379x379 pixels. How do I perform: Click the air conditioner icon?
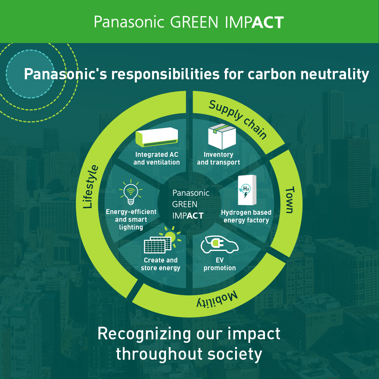(157, 137)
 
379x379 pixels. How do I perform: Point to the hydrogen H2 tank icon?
(247, 190)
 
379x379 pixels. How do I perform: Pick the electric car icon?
(219, 245)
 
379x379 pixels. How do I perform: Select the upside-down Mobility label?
(217, 299)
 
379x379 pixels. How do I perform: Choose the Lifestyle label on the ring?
(91, 186)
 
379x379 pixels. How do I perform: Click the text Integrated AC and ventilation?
(157, 158)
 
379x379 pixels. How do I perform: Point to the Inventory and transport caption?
(219, 158)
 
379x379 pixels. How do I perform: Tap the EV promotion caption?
(219, 264)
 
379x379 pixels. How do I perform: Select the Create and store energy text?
(160, 264)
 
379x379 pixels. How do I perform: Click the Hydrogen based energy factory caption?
(246, 216)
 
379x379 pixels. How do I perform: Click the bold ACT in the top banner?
(268, 22)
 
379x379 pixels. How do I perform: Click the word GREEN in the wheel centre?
(185, 204)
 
